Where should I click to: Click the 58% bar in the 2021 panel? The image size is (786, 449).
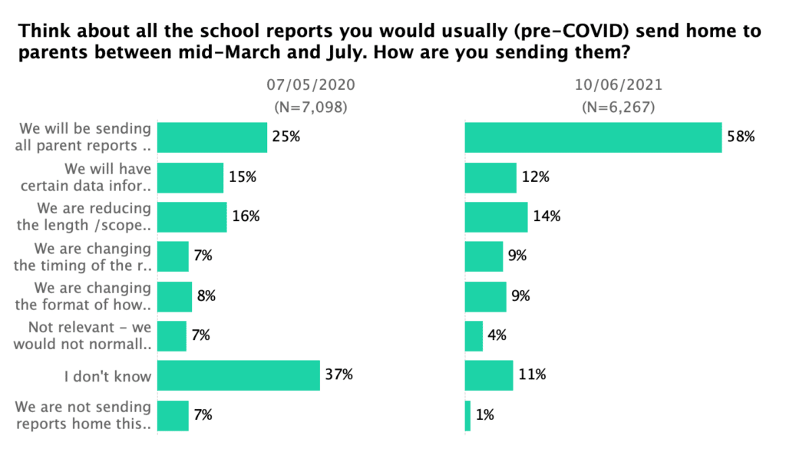(593, 137)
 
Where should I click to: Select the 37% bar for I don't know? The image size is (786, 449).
(239, 375)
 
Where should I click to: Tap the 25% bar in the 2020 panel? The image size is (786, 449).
(212, 137)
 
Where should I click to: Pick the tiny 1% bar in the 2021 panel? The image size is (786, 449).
(467, 415)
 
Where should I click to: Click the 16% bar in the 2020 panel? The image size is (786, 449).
(192, 216)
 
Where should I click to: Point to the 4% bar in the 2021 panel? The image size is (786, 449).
(474, 335)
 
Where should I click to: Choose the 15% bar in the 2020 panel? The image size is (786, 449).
(190, 177)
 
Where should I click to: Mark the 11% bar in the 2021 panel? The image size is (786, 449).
(489, 375)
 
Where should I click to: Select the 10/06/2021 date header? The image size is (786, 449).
(618, 85)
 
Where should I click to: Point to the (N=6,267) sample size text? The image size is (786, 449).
(618, 107)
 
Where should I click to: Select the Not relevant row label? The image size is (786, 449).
(94, 335)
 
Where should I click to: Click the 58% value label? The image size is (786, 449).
(742, 137)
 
